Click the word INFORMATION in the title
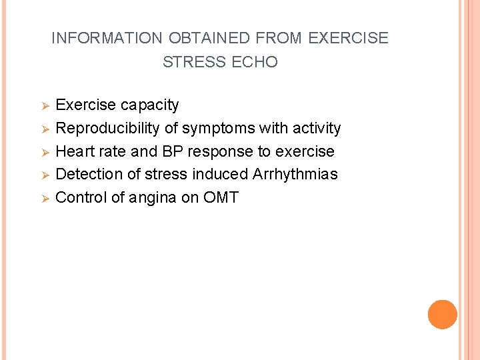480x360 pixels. [x=106, y=38]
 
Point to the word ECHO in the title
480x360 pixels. [x=255, y=62]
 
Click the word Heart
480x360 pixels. [x=75, y=151]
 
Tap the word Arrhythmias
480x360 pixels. [x=295, y=175]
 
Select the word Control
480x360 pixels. [x=80, y=198]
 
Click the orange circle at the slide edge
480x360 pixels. [x=443, y=315]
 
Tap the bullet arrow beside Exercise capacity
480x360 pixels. [x=46, y=106]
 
